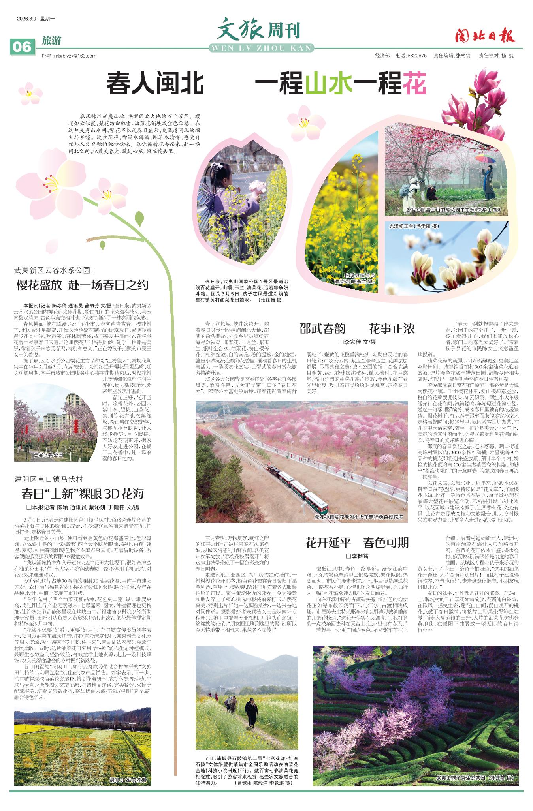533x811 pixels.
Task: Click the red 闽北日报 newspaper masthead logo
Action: click(x=485, y=36)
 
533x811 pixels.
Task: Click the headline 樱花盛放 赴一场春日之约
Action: click(x=82, y=285)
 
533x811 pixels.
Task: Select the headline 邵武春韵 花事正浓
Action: click(x=357, y=329)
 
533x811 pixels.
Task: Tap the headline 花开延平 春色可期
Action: click(x=357, y=543)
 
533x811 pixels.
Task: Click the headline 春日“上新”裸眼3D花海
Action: click(x=83, y=494)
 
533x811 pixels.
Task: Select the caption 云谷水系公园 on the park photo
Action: click(x=48, y=454)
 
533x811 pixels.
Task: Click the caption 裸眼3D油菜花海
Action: click(x=128, y=780)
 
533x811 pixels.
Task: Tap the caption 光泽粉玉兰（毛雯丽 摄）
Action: click(x=414, y=226)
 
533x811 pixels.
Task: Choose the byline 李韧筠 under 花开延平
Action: click(x=357, y=556)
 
